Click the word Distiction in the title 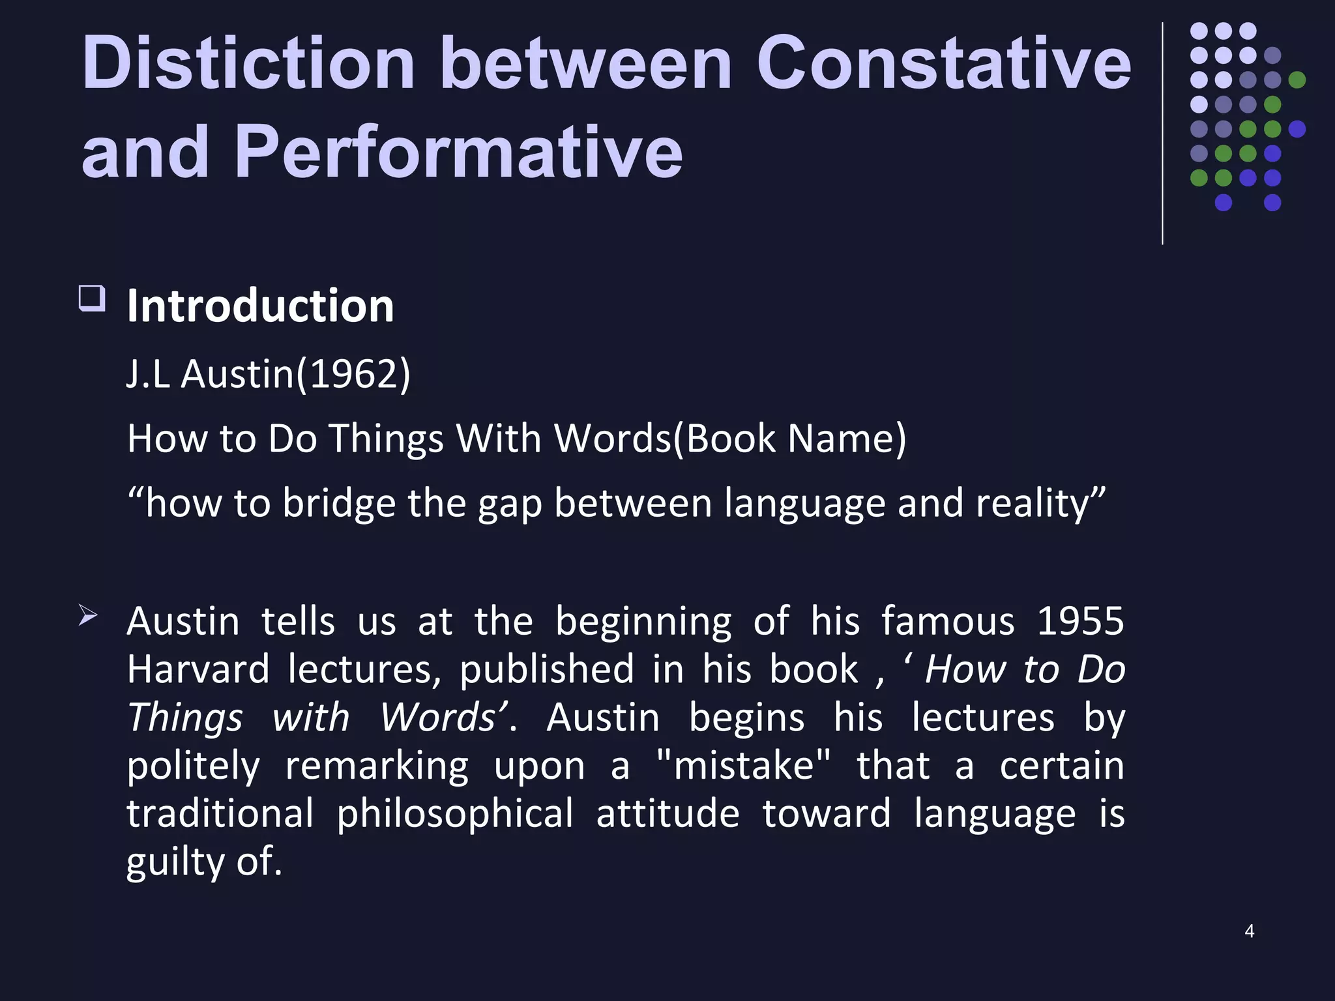pyautogui.click(x=248, y=63)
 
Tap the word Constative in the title pyautogui.click(x=943, y=63)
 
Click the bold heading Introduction pyautogui.click(x=260, y=306)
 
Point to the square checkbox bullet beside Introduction pyautogui.click(x=92, y=298)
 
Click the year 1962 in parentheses pyautogui.click(x=353, y=374)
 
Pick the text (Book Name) pyautogui.click(x=789, y=438)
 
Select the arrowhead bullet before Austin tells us pyautogui.click(x=88, y=615)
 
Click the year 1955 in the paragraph pyautogui.click(x=1080, y=620)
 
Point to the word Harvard pyautogui.click(x=198, y=669)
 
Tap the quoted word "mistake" pyautogui.click(x=744, y=765)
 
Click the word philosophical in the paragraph pyautogui.click(x=454, y=813)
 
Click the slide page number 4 pyautogui.click(x=1249, y=931)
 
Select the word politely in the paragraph pyautogui.click(x=193, y=765)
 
